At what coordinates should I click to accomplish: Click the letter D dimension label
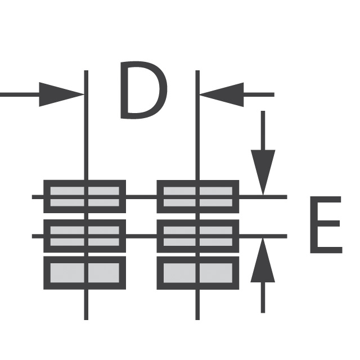[x=144, y=90]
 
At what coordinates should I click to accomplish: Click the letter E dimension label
[x=326, y=225]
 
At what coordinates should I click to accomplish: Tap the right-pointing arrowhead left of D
[x=61, y=94]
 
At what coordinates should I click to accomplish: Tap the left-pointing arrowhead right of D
[x=222, y=94]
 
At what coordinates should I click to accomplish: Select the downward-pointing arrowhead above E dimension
[x=263, y=173]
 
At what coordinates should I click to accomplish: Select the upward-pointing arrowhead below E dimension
[x=263, y=260]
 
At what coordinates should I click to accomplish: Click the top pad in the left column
[x=85, y=196]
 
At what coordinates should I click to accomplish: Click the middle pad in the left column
[x=85, y=236]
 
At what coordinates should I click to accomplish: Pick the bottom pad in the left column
[x=85, y=273]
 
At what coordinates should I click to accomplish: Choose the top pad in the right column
[x=198, y=196]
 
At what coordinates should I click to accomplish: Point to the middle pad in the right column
[x=198, y=236]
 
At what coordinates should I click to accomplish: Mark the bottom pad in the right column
[x=198, y=273]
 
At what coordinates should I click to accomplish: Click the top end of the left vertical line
[x=86, y=70]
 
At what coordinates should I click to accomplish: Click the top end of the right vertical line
[x=197, y=70]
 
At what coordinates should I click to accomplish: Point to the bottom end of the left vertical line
[x=86, y=320]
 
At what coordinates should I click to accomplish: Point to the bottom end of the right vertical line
[x=197, y=320]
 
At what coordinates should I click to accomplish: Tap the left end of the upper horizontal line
[x=32, y=197]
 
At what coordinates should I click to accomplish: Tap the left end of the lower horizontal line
[x=32, y=236]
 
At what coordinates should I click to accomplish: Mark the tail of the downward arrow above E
[x=263, y=111]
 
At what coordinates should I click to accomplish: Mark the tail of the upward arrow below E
[x=263, y=313]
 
